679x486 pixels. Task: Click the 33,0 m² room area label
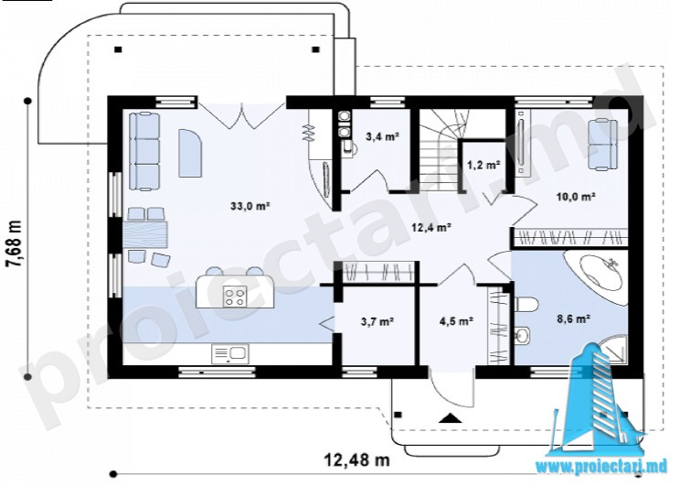click(x=250, y=206)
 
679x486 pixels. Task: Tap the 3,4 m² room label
click(x=382, y=137)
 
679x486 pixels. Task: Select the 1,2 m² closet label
click(x=483, y=165)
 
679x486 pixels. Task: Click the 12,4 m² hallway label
click(x=432, y=227)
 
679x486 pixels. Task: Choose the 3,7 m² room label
click(x=377, y=321)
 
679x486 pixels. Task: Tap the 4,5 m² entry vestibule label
click(x=456, y=321)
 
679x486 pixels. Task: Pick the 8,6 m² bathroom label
click(x=574, y=320)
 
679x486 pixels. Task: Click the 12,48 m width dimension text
click(x=356, y=459)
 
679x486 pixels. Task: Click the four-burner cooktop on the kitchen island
click(x=235, y=297)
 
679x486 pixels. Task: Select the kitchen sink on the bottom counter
click(x=229, y=354)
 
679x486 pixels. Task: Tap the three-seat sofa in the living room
click(x=144, y=151)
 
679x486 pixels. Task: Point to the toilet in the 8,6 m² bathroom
click(x=525, y=304)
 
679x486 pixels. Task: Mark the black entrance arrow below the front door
click(x=450, y=418)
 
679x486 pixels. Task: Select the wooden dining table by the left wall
click(x=145, y=234)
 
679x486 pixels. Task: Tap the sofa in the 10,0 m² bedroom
click(x=602, y=145)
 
